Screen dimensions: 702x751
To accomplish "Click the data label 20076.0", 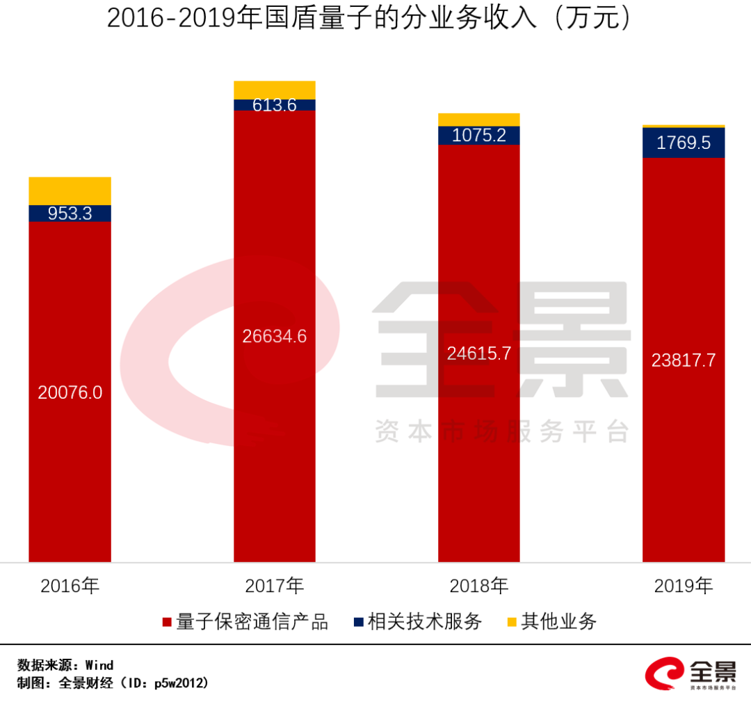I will click(x=70, y=392).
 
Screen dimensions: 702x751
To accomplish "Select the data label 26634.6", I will click(x=274, y=336).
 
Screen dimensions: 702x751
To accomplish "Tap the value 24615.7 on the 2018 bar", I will click(x=478, y=353).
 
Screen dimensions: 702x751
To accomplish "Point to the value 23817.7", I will click(x=684, y=360).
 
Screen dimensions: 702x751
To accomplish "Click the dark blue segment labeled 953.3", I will click(x=70, y=214).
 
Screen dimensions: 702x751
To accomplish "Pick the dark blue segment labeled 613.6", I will click(x=274, y=105).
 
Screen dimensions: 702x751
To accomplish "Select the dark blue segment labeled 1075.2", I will click(x=478, y=135).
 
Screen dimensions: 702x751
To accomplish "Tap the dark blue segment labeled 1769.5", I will click(x=684, y=143).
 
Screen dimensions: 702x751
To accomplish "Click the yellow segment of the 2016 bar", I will click(x=70, y=191).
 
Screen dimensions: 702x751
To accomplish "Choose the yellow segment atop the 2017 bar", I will click(x=274, y=90).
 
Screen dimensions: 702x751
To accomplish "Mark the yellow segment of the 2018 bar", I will click(x=478, y=119).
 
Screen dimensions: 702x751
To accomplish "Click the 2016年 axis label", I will click(x=70, y=586).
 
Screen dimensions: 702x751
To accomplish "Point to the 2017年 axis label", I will click(x=274, y=586).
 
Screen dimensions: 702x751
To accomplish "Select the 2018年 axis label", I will click(x=478, y=586).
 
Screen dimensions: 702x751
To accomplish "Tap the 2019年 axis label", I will click(x=684, y=586).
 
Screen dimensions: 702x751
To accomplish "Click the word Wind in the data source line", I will click(x=99, y=665).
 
